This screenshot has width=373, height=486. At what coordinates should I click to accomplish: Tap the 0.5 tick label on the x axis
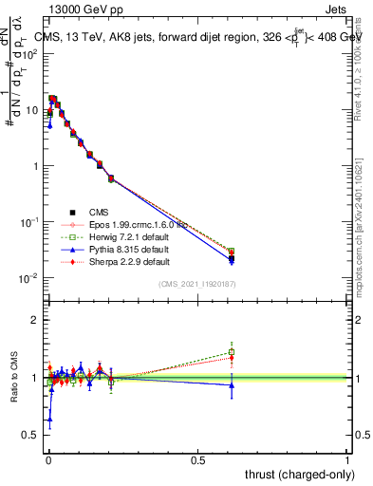197,458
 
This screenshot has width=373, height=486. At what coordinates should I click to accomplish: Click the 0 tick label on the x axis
48,458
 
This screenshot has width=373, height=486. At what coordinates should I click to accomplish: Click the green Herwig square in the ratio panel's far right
231,352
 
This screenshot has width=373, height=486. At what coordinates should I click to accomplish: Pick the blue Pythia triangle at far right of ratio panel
231,384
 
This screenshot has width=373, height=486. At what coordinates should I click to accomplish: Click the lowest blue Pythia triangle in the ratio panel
49,419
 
